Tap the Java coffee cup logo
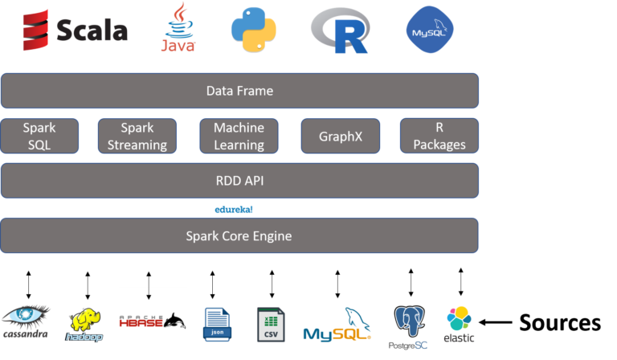click(178, 27)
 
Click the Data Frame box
click(239, 91)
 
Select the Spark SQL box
click(39, 136)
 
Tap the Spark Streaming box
click(137, 136)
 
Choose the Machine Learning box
click(239, 136)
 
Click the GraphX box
click(340, 136)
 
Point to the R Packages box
click(439, 136)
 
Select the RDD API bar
click(239, 181)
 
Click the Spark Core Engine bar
click(239, 235)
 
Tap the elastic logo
click(460, 323)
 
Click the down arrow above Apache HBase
click(148, 294)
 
